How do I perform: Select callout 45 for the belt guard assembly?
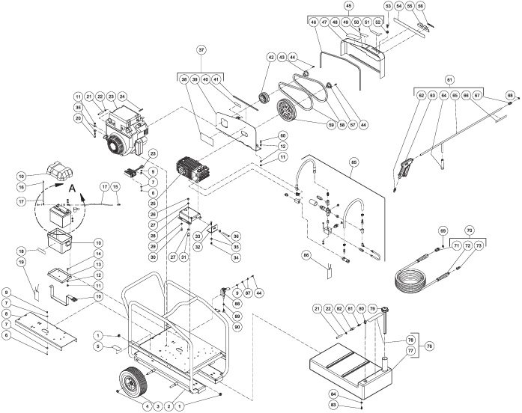click(349, 6)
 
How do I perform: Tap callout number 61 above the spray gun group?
click(449, 79)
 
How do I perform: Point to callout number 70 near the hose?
click(470, 230)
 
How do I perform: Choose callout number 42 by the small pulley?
click(271, 57)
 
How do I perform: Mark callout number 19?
click(22, 263)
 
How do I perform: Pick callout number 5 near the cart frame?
click(97, 347)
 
